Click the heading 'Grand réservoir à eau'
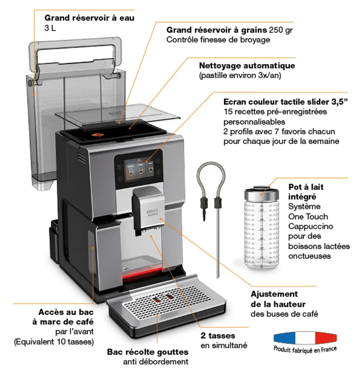[x=89, y=18]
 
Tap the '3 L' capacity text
[x=50, y=28]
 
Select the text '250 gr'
[x=281, y=30]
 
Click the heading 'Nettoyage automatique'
[x=247, y=65]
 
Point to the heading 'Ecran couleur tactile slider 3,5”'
[x=286, y=102]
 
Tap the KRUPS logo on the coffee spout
[x=152, y=211]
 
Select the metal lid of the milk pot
[x=261, y=193]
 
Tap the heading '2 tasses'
[x=218, y=336]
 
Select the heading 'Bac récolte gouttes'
[x=148, y=352]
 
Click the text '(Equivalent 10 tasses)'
[x=54, y=342]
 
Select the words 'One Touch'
[x=308, y=216]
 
